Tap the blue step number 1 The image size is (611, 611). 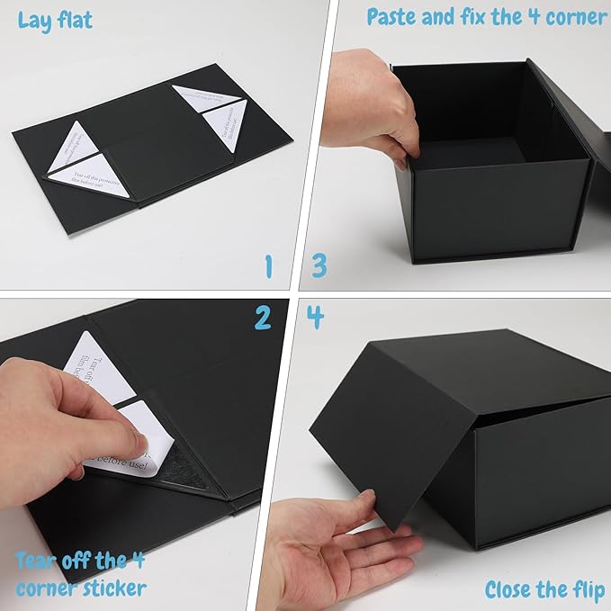pyautogui.click(x=267, y=265)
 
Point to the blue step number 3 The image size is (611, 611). pyautogui.click(x=319, y=265)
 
